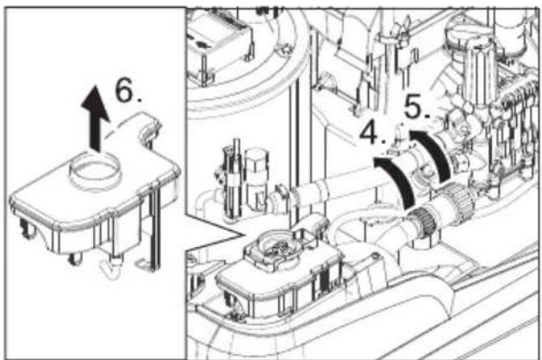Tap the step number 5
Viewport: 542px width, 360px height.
tap(418, 107)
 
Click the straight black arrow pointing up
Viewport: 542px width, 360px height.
tap(96, 118)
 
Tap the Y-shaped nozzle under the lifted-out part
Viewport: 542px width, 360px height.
tap(112, 268)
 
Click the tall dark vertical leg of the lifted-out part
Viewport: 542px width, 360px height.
tap(155, 225)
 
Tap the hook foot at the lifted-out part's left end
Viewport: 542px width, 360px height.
tap(27, 229)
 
